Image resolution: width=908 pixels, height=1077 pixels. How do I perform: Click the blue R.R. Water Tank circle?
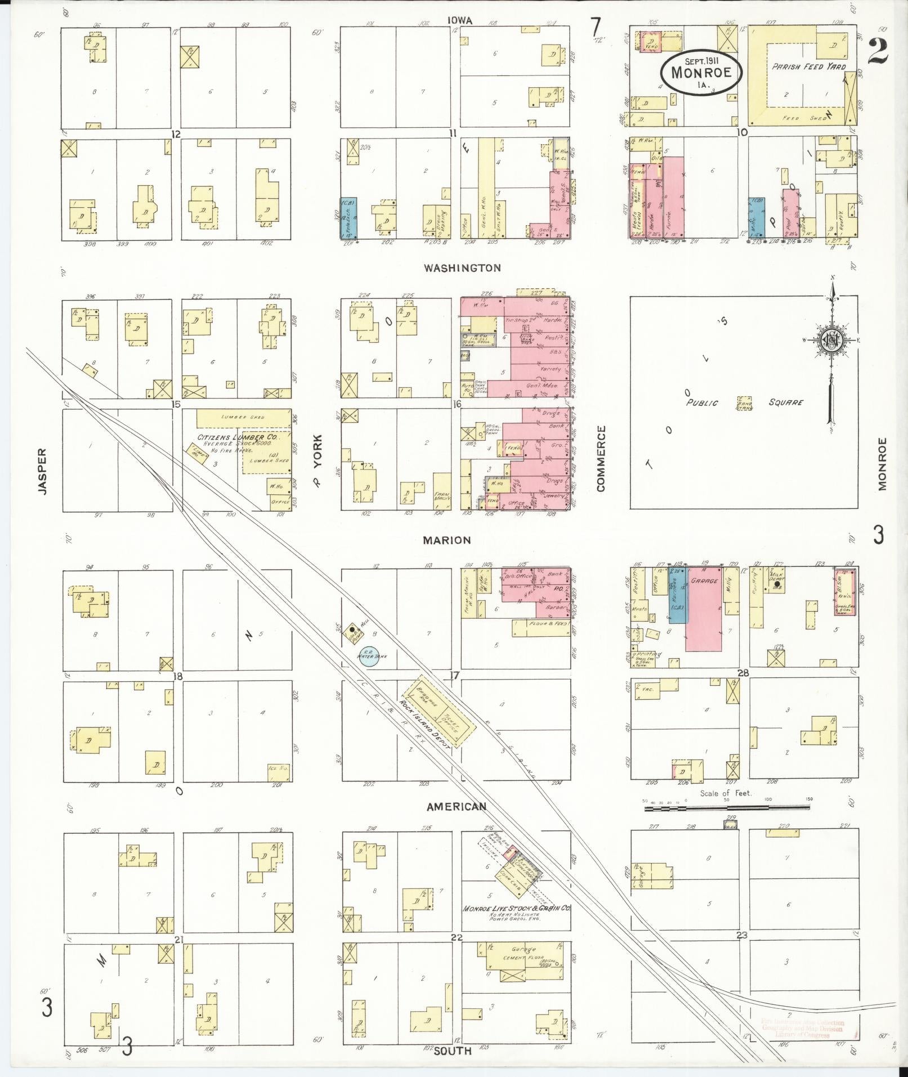[x=369, y=656]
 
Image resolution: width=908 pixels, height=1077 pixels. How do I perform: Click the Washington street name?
[x=462, y=268]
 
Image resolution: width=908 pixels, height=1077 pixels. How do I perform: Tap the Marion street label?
[x=446, y=540]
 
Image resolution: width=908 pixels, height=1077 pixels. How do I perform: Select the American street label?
[x=456, y=807]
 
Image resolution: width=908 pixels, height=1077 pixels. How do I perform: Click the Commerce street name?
[x=601, y=458]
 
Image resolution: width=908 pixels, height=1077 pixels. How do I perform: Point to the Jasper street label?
[x=42, y=471]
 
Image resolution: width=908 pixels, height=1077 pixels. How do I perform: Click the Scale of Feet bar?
[x=727, y=808]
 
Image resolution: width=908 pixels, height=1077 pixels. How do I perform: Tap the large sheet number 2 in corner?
[x=878, y=52]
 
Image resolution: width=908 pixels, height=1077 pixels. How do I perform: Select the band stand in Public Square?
[x=745, y=403]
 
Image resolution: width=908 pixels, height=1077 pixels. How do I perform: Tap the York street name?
[x=318, y=458]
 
